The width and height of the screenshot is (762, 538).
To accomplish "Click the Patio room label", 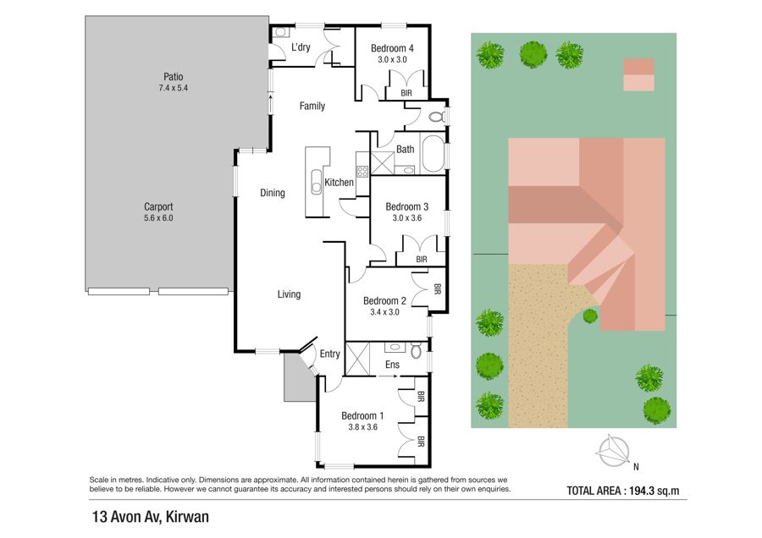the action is click(173, 77).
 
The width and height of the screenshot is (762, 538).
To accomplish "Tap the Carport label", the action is click(158, 207).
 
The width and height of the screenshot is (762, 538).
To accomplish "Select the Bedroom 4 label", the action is click(392, 48).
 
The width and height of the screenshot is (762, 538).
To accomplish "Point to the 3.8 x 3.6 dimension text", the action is click(363, 427).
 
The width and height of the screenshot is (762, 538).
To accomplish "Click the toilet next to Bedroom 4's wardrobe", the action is click(438, 117).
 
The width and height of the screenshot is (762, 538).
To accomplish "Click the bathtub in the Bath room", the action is click(433, 153).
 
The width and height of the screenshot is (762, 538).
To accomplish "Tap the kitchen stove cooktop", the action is click(362, 171).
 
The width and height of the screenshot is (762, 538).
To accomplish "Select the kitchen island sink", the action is click(317, 182).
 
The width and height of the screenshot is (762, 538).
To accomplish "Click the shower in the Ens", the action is click(357, 359).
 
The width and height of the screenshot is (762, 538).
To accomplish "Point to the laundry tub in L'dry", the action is click(280, 32).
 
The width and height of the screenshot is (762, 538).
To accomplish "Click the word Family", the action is click(312, 106).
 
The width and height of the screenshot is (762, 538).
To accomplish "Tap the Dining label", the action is click(272, 193).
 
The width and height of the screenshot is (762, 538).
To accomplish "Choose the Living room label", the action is click(289, 294).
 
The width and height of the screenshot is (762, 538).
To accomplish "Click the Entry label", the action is click(329, 354).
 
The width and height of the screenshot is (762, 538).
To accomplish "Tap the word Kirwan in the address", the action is click(187, 517).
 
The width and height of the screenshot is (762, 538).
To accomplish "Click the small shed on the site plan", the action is click(638, 74).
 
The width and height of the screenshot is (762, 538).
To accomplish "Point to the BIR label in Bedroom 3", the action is click(422, 260).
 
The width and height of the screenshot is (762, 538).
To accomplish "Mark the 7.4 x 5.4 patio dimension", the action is click(173, 88).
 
